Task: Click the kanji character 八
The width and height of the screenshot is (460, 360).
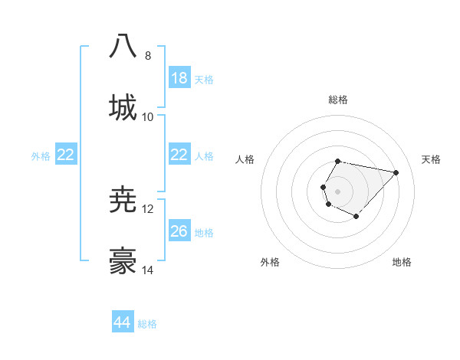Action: pyautogui.click(x=123, y=45)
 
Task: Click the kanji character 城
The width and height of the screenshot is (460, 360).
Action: pyautogui.click(x=123, y=106)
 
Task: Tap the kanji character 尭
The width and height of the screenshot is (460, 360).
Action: pyautogui.click(x=123, y=200)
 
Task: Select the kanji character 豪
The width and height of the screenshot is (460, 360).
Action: pyautogui.click(x=123, y=261)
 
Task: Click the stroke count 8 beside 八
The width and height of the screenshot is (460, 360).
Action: pyautogui.click(x=147, y=56)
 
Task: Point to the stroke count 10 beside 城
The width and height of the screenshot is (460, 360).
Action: pyautogui.click(x=148, y=117)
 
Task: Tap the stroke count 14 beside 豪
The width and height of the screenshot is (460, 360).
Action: pyautogui.click(x=148, y=270)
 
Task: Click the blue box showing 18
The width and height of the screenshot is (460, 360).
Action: pyautogui.click(x=179, y=78)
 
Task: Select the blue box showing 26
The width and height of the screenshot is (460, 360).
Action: pyautogui.click(x=179, y=231)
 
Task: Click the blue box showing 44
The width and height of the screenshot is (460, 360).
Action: pyautogui.click(x=123, y=323)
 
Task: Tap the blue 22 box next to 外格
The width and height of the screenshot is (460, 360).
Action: pyautogui.click(x=66, y=155)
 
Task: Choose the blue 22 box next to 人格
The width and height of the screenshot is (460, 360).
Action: pyautogui.click(x=179, y=155)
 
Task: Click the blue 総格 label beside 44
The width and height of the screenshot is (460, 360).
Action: pyautogui.click(x=147, y=324)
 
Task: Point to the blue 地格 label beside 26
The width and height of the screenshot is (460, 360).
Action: pyautogui.click(x=204, y=232)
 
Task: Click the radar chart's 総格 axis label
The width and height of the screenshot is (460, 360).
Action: pyautogui.click(x=338, y=100)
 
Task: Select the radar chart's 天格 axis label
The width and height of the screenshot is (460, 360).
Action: pyautogui.click(x=431, y=159)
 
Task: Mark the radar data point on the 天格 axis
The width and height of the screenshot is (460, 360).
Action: pyautogui.click(x=396, y=172)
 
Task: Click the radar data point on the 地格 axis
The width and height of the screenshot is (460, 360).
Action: pyautogui.click(x=356, y=217)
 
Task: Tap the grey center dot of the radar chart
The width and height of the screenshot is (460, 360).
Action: pyautogui.click(x=337, y=191)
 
